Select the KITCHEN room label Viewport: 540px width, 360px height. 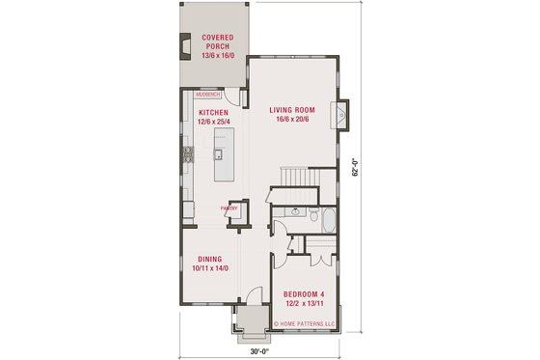pos(213,113)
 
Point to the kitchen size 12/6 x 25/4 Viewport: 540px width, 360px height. pos(213,123)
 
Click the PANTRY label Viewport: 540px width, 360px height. pos(229,208)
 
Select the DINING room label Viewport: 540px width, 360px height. pos(210,259)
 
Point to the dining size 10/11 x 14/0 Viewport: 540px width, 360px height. pos(210,268)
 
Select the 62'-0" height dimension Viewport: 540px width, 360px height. pos(356,168)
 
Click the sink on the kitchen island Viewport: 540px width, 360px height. pos(219,154)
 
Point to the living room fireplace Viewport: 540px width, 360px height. pos(341,115)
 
